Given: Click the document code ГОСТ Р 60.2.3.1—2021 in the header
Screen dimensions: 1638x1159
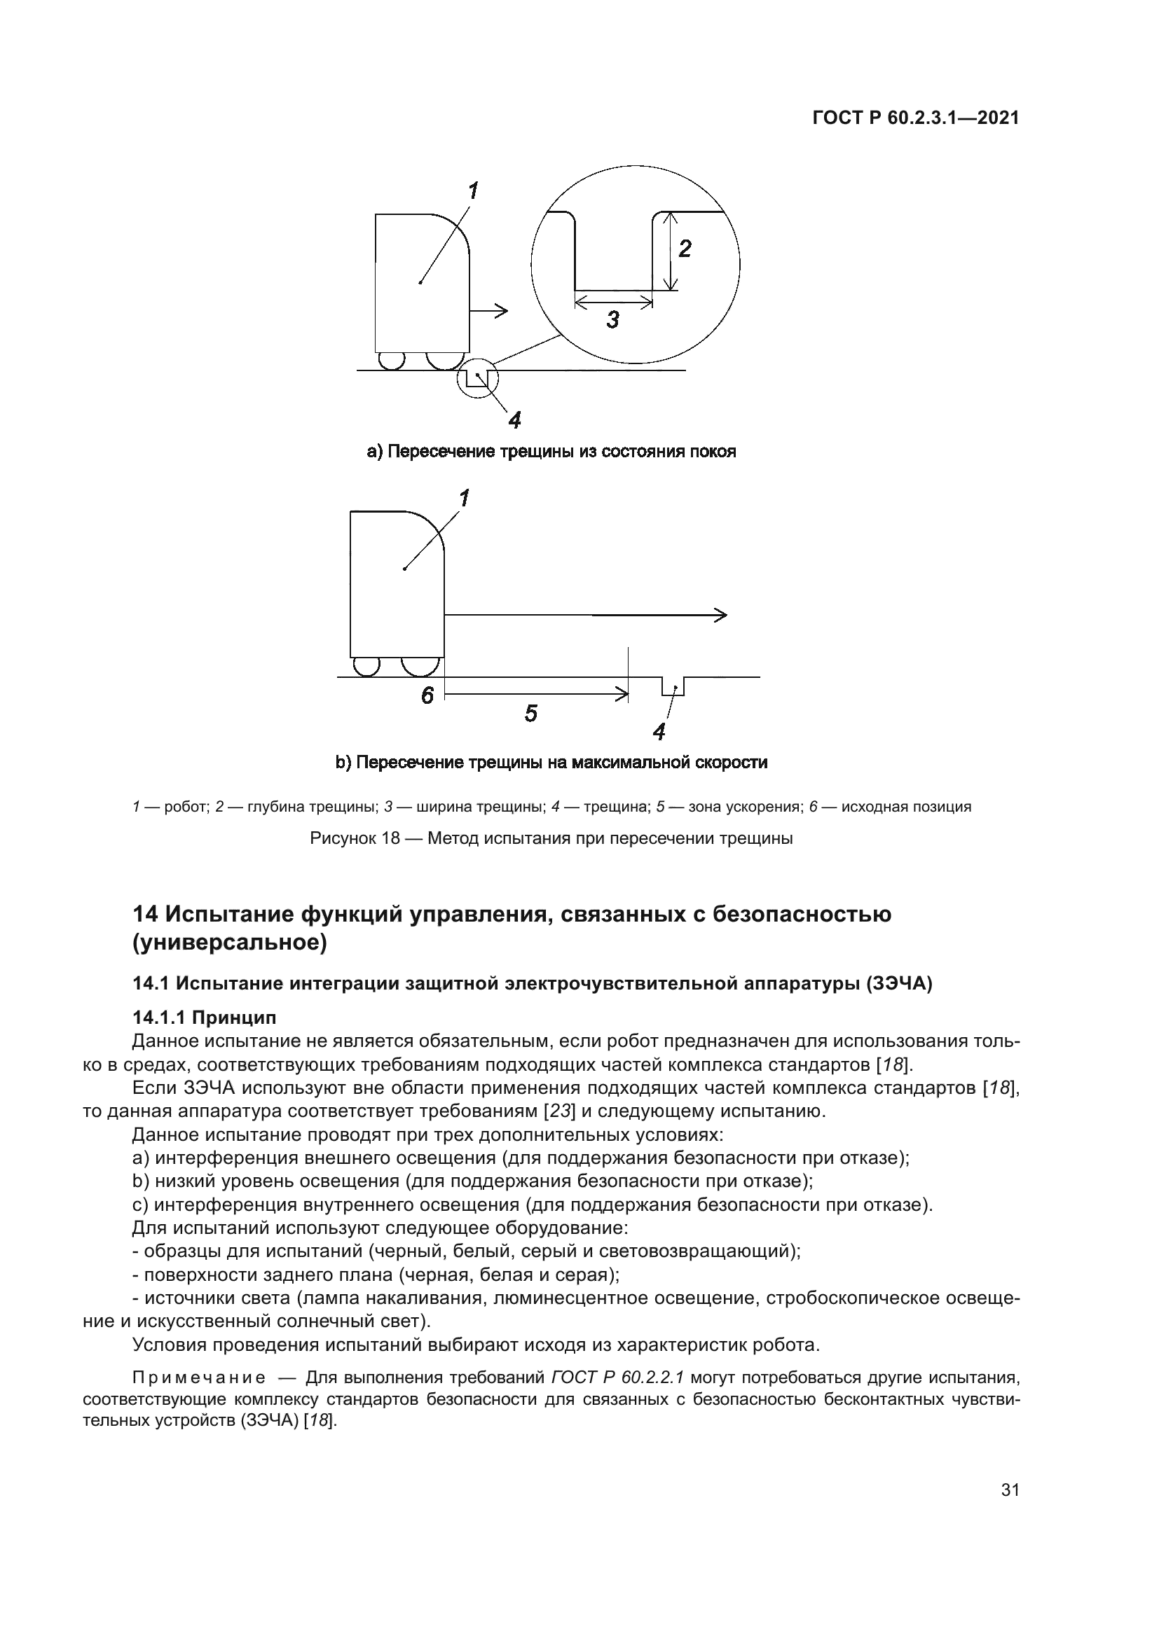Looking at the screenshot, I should point(916,118).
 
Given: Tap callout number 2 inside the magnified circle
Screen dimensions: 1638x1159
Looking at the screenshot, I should point(685,249).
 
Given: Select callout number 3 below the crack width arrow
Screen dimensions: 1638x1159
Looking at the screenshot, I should point(613,320).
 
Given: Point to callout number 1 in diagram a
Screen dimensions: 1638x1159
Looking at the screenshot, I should point(472,191).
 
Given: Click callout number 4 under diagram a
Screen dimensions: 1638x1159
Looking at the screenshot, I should point(514,420).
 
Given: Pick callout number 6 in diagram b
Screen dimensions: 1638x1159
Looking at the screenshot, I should point(427,695).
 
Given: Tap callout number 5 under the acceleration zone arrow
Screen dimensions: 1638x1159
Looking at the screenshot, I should point(530,713).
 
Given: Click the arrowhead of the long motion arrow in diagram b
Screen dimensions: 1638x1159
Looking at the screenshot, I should point(721,614).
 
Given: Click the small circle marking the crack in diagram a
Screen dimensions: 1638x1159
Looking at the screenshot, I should point(476,377).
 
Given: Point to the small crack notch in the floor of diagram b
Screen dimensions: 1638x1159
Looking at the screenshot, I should point(673,686).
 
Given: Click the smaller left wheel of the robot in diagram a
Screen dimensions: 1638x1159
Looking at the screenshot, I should point(391,361).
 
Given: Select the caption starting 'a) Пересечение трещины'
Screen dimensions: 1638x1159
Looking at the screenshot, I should point(551,452).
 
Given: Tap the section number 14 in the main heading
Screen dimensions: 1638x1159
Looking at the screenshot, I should point(146,914).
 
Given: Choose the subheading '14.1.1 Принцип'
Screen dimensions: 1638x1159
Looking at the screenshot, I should point(204,1018).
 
